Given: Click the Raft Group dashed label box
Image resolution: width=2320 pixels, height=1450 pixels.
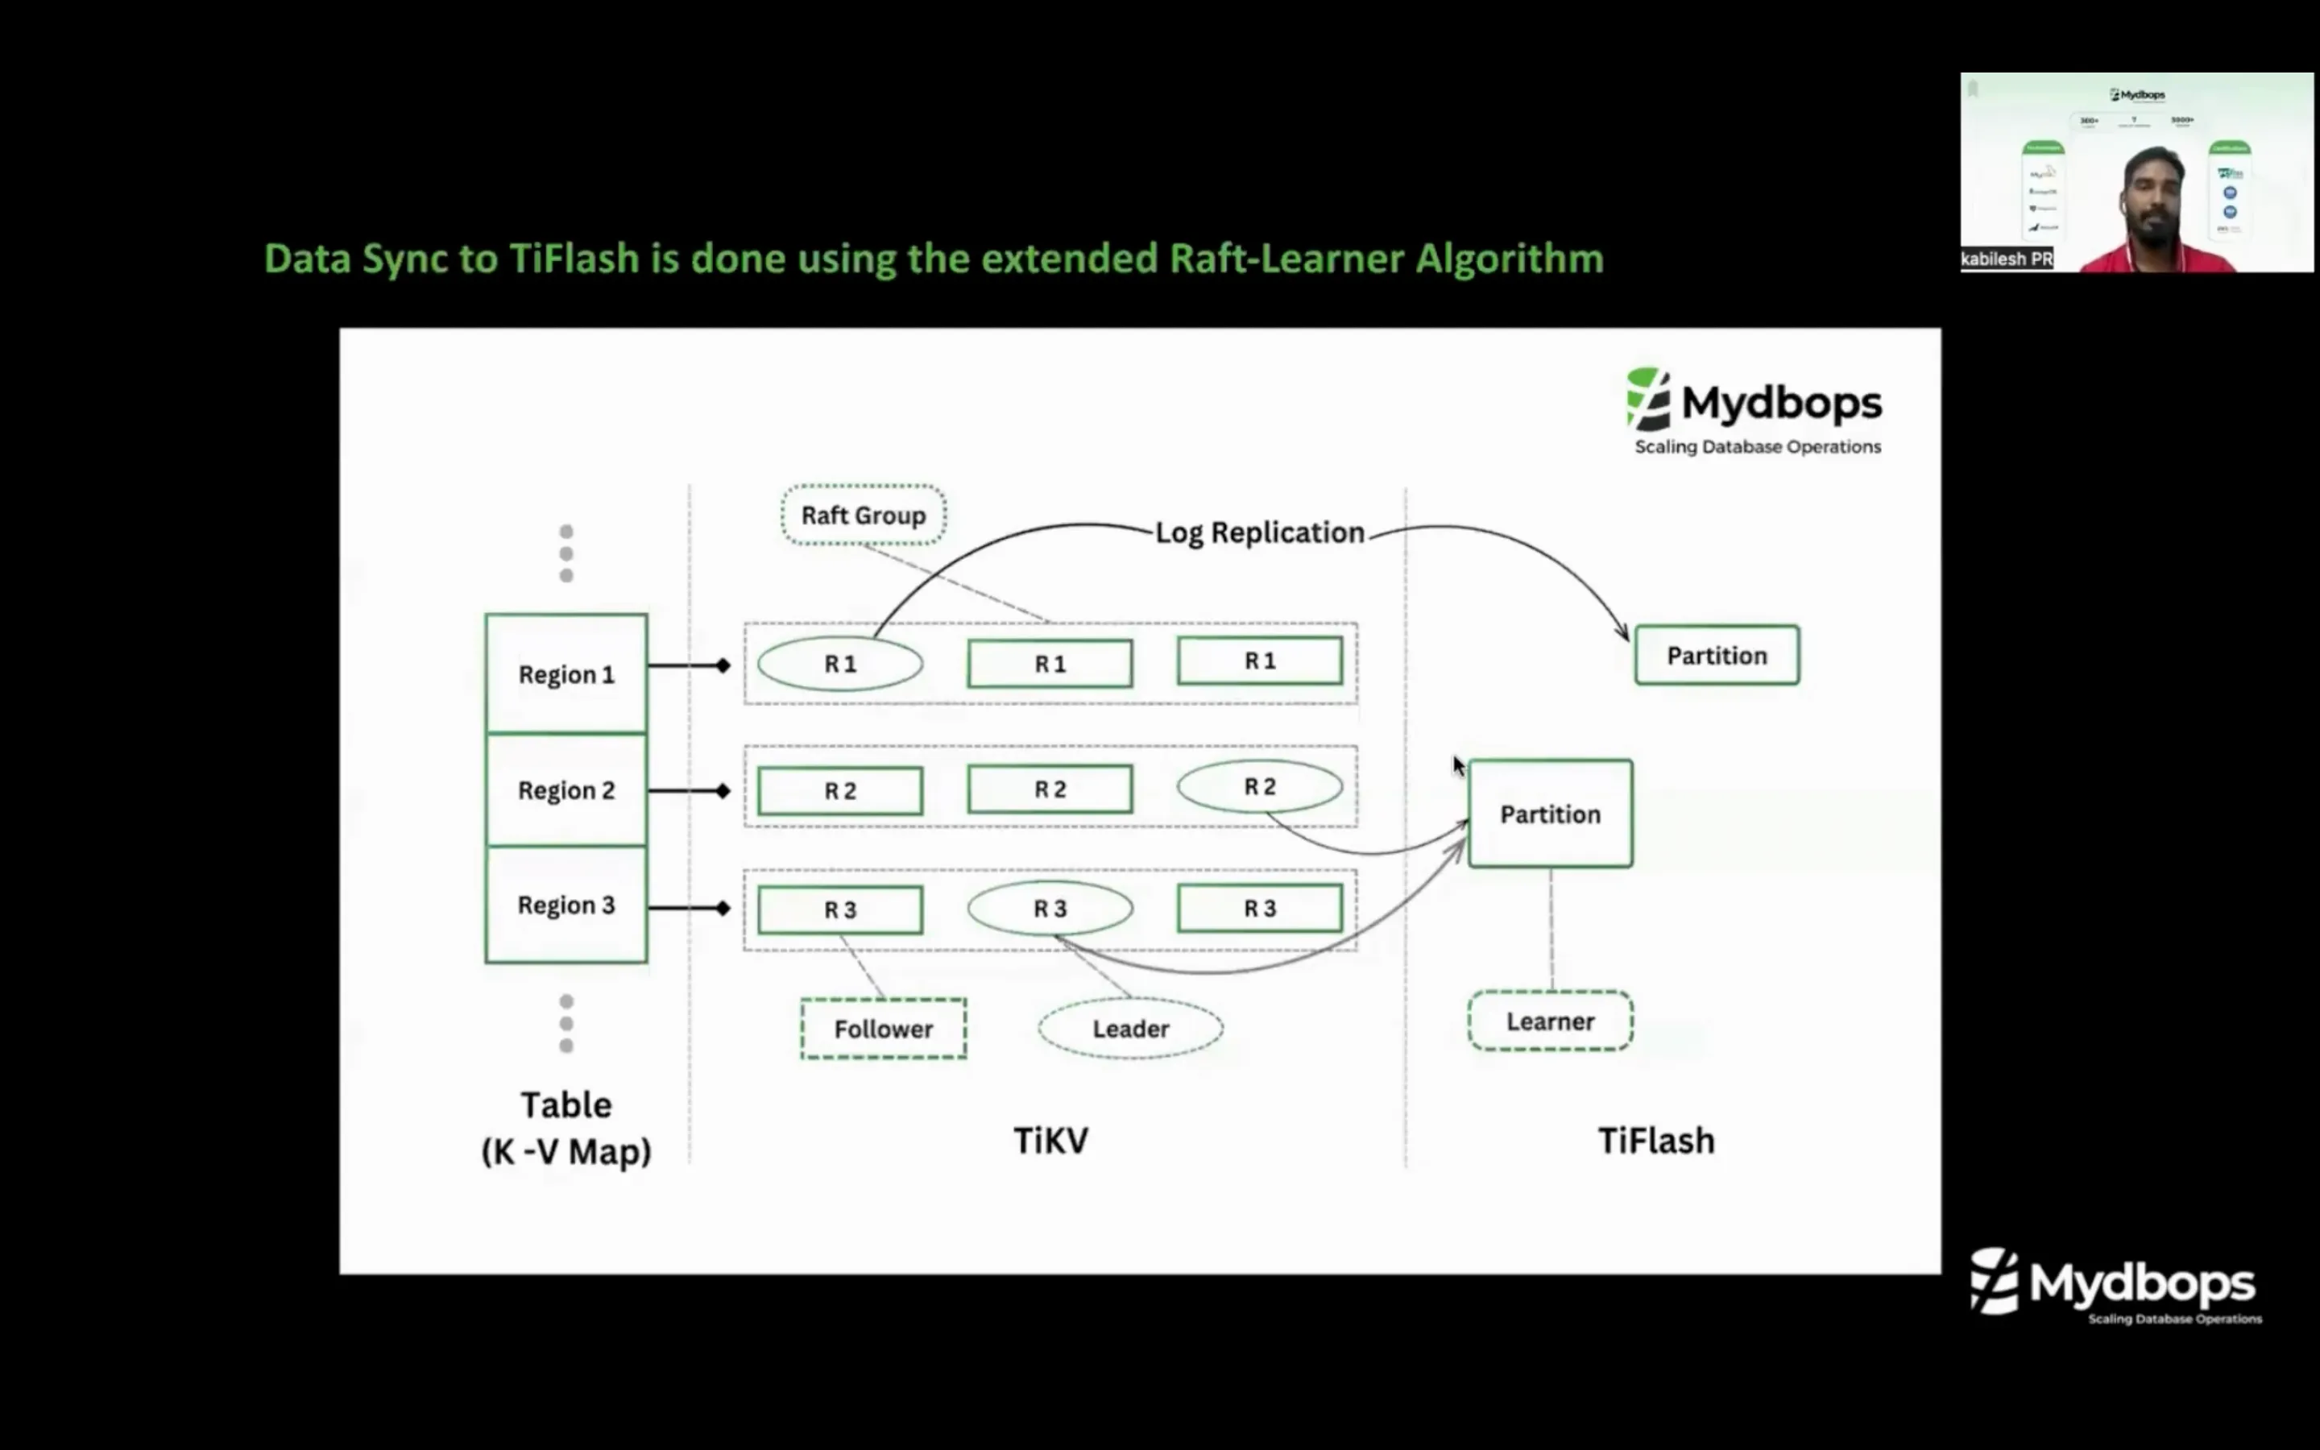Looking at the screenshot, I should [863, 515].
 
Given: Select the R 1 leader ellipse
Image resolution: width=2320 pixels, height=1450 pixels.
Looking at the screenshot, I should [840, 664].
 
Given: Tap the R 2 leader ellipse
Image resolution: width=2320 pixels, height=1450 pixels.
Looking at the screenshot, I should [1259, 786].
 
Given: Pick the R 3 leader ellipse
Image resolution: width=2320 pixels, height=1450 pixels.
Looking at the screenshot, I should [1050, 908].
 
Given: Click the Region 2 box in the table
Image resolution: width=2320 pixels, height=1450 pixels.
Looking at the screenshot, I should [565, 790].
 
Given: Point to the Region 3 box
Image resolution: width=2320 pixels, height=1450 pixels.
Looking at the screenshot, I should [565, 905].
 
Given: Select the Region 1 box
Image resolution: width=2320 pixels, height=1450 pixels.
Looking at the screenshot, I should [565, 674].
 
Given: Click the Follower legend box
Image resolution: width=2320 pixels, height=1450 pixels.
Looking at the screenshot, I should [883, 1029].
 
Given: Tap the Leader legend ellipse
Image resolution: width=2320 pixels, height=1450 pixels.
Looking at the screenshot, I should [1130, 1029].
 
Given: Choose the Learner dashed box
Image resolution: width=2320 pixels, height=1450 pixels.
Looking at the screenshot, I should [1549, 1021].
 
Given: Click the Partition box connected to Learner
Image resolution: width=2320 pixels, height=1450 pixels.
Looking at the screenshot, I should [1549, 814].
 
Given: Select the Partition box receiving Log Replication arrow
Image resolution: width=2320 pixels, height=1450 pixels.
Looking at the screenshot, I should [1716, 656].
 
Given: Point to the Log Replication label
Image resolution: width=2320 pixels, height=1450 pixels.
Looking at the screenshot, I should [1259, 532].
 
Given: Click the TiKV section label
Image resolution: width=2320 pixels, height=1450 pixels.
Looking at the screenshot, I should [1050, 1140].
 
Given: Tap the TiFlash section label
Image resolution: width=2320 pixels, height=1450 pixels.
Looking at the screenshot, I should [1655, 1140].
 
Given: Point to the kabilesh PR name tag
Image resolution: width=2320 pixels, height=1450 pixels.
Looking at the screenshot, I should [2006, 259].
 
